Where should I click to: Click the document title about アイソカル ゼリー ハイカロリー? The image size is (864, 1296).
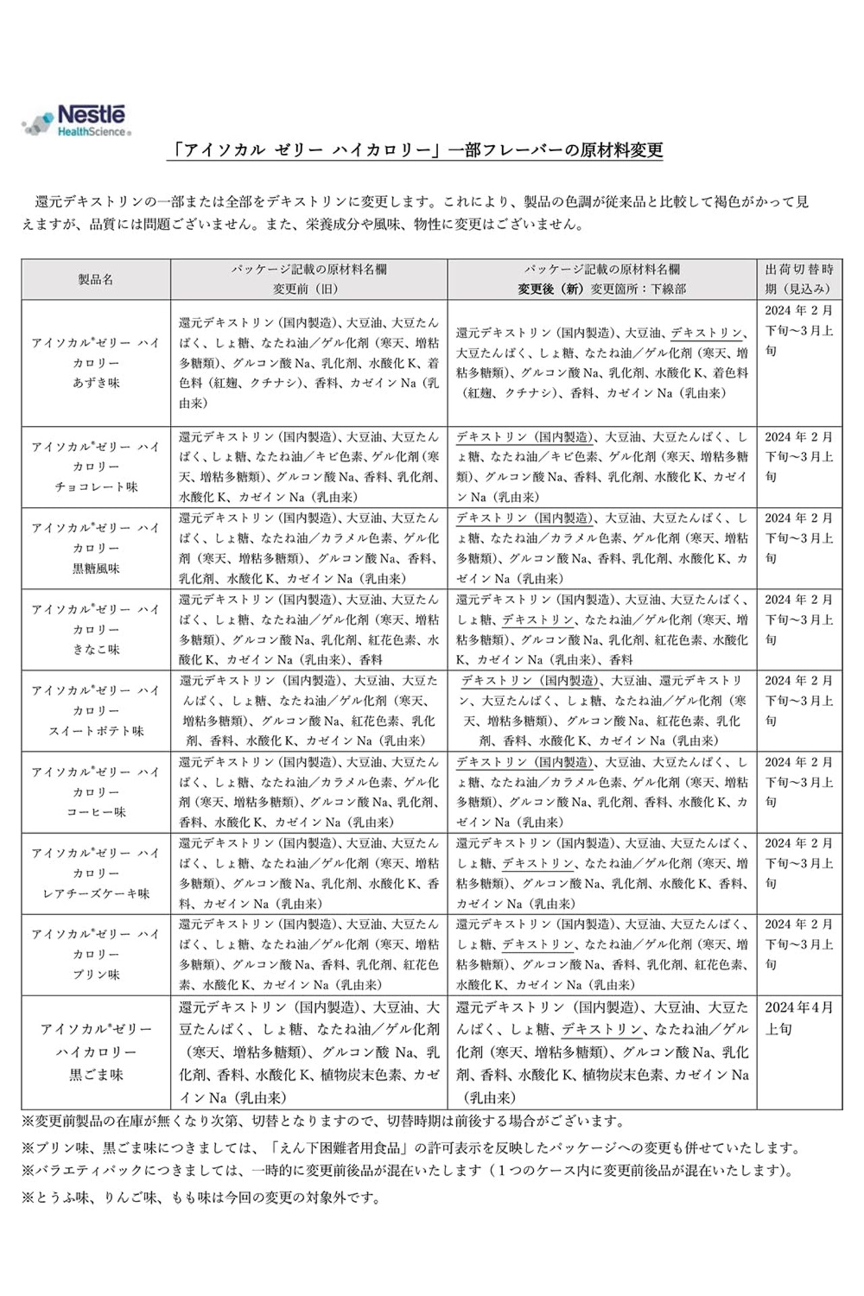[414, 150]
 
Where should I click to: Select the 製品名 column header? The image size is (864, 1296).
[95, 279]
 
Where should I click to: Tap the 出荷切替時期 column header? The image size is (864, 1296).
[799, 279]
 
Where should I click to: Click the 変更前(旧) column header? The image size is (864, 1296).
[308, 279]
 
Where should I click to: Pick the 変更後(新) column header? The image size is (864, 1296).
[601, 279]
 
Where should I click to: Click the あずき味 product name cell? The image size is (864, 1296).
[95, 363]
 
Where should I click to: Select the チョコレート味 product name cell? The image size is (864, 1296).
[95, 467]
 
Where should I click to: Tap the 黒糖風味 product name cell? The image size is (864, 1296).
[95, 548]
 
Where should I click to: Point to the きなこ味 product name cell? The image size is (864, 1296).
[95, 630]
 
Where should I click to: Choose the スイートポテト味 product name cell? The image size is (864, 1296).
[95, 711]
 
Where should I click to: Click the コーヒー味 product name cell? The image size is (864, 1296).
[95, 792]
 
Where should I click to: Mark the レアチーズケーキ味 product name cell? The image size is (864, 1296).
[95, 873]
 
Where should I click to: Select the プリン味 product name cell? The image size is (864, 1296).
[95, 954]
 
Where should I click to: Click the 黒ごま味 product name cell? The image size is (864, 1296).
[95, 1052]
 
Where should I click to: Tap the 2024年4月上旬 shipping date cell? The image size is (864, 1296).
[799, 1019]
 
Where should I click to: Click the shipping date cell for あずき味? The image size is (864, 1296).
[799, 331]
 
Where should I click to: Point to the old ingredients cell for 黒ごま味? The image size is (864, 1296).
[308, 1052]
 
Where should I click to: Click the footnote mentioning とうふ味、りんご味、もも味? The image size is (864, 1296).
[201, 1198]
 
